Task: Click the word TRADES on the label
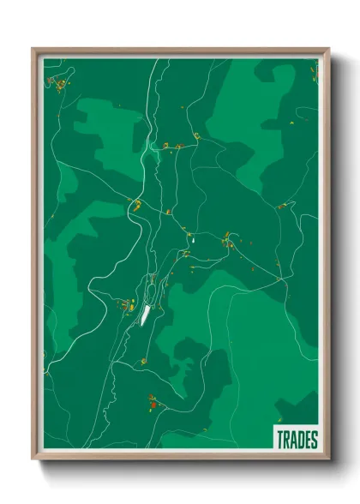(x=297, y=440)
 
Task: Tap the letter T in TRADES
(x=280, y=440)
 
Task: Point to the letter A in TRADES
(x=293, y=440)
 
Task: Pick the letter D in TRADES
(x=300, y=440)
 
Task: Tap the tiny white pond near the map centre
(x=193, y=240)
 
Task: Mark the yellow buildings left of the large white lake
(x=127, y=304)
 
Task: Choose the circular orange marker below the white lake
(x=143, y=361)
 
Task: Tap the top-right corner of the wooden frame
(x=328, y=50)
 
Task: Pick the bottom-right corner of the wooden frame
(x=328, y=459)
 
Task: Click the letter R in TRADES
(x=286, y=440)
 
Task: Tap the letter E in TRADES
(x=307, y=440)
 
